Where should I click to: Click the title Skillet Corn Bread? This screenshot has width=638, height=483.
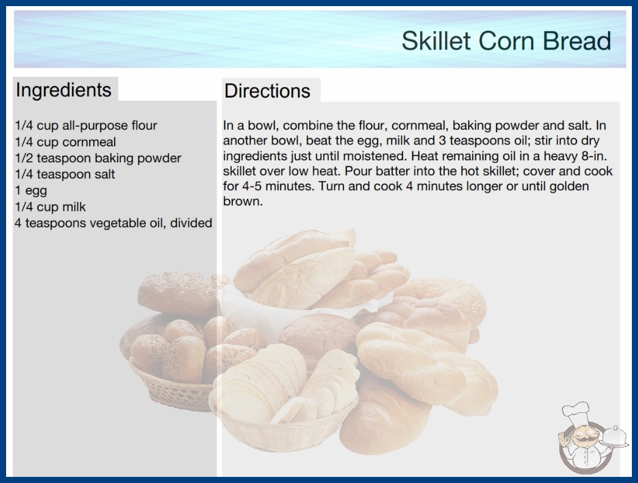point(506,41)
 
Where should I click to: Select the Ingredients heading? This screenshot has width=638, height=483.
point(63,90)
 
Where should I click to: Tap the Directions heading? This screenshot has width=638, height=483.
point(267,91)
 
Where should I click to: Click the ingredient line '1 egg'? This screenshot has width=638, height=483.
point(31,190)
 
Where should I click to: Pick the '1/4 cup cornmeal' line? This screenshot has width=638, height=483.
point(65,142)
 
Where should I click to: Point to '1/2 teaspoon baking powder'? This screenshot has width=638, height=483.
point(98,158)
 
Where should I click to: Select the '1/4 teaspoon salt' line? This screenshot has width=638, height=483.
point(65,174)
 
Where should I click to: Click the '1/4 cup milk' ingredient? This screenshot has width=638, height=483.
point(51,207)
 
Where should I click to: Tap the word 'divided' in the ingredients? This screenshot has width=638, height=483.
point(192,223)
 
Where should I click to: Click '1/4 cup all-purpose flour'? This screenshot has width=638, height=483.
point(86,126)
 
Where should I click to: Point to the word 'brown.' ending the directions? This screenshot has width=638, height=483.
point(243,201)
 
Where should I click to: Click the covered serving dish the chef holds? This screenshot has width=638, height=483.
point(614,437)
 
